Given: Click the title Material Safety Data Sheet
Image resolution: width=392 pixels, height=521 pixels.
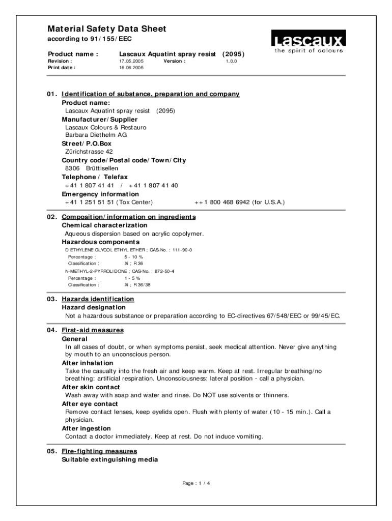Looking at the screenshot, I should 107,29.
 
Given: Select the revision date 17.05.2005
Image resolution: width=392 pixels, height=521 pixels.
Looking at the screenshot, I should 131,61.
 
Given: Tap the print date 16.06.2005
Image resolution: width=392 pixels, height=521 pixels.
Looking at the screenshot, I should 131,67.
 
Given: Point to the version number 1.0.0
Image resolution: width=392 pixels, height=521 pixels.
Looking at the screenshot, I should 232,61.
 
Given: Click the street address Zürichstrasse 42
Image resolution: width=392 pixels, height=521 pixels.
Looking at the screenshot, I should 89,152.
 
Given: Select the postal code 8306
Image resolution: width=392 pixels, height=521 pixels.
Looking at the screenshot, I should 72,168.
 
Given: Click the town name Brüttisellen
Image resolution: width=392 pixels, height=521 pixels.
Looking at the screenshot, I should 102,168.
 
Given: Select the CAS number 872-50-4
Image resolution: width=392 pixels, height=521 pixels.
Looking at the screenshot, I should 163,271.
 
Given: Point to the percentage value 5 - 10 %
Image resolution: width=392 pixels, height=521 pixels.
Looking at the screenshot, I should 134,257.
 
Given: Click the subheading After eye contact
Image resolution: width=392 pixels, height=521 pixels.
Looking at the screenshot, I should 90,404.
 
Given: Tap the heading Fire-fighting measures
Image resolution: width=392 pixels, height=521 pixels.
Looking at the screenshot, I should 99,451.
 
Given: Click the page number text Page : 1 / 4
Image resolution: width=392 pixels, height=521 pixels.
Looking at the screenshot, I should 196,483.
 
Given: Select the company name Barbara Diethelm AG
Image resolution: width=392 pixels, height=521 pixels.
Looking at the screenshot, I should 96,135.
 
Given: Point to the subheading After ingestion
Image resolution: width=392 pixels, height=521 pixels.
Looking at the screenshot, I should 86,428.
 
